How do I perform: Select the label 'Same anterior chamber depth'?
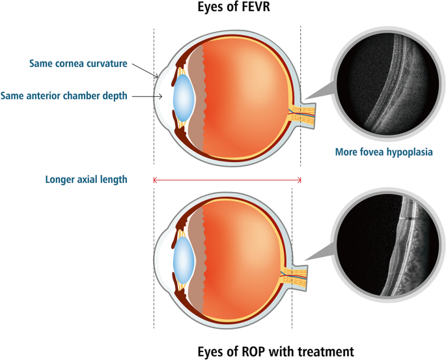coord(65,96)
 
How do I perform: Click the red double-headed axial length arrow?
coord(227,180)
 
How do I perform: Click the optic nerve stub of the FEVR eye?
coord(305,116)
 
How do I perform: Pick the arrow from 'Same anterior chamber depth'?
coord(148,96)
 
